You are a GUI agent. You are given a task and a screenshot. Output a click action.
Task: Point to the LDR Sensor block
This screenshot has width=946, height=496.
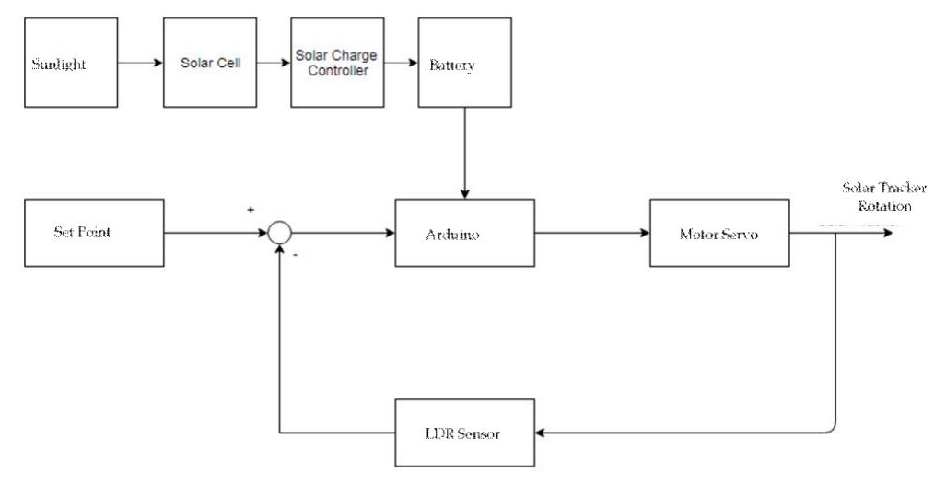coord(464,433)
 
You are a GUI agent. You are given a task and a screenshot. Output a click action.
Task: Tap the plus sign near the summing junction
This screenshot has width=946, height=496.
coord(251,210)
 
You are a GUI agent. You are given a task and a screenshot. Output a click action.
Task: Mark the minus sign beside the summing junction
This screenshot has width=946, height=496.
coord(295,255)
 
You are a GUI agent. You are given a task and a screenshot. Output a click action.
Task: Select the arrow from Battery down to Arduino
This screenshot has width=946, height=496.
coord(464,152)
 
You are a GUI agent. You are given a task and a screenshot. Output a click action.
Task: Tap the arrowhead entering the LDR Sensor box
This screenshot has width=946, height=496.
coord(542,433)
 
